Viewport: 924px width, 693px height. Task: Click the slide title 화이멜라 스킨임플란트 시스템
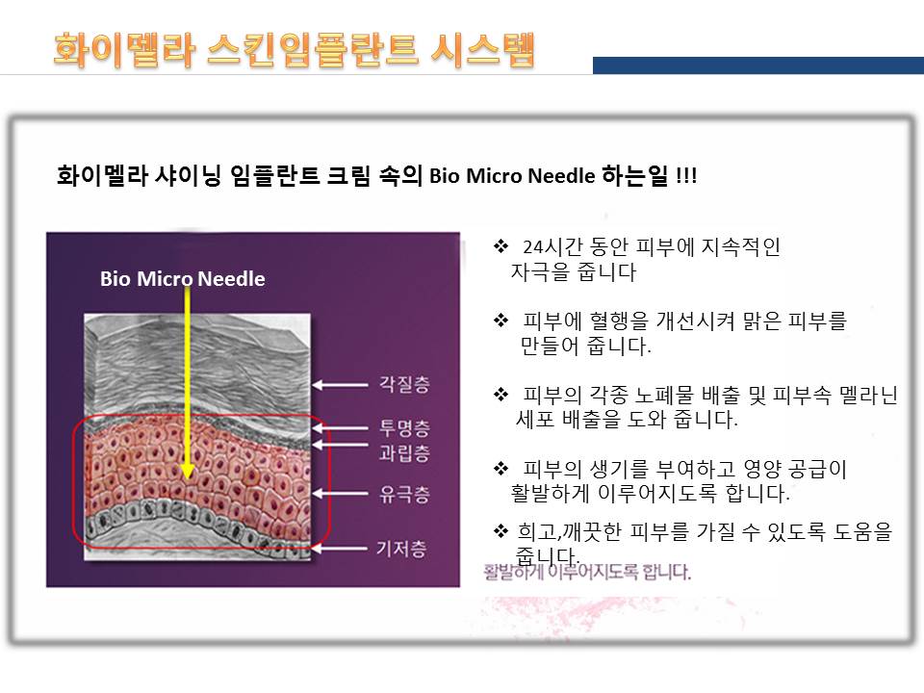(294, 48)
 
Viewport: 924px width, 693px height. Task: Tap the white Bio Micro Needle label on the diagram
(182, 279)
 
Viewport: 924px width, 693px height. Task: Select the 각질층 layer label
(402, 385)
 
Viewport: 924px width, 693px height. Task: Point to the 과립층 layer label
(402, 452)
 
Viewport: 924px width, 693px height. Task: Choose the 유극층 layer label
(402, 496)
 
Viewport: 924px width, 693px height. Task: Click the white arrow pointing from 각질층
(342, 385)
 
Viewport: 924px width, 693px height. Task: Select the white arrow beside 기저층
(342, 550)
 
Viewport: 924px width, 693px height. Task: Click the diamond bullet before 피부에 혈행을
(500, 320)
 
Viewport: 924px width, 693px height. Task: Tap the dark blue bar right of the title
(757, 65)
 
